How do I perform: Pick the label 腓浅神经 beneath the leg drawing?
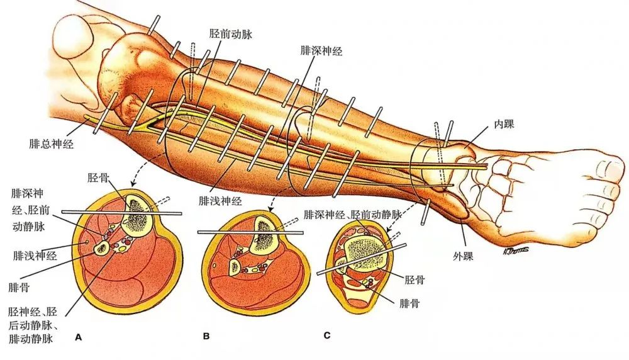point(220,201)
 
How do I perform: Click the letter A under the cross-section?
point(79,337)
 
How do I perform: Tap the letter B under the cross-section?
point(206,337)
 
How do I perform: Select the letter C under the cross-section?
point(326,335)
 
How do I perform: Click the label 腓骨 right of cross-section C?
point(409,303)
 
